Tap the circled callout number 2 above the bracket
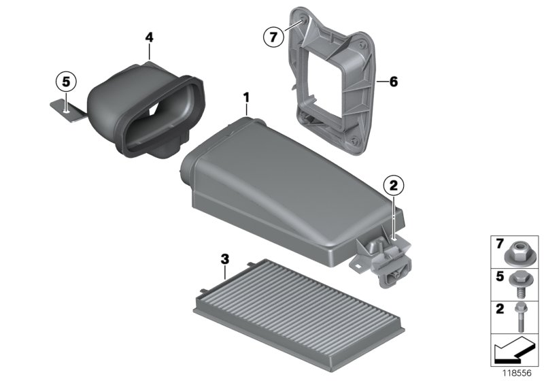pos(393,184)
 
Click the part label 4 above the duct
pos(149,35)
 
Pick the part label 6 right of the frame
pos(392,82)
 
